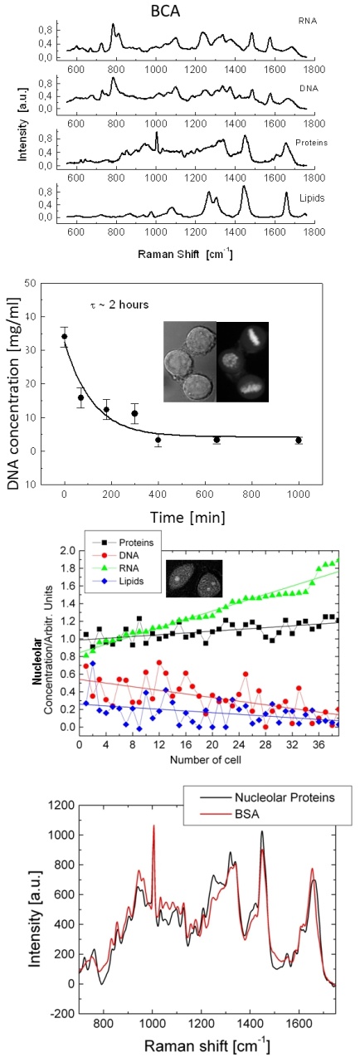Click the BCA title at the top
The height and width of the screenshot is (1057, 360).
pyautogui.click(x=165, y=12)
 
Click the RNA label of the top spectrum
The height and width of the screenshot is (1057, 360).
pyautogui.click(x=308, y=22)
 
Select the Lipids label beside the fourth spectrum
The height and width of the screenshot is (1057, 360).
pyautogui.click(x=312, y=197)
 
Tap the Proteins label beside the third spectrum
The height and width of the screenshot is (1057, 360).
pyautogui.click(x=311, y=142)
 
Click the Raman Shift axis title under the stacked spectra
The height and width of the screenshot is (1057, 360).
pyautogui.click(x=185, y=254)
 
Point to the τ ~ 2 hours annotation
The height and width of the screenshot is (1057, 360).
pyautogui.click(x=119, y=304)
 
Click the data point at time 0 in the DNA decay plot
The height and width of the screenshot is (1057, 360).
pyautogui.click(x=64, y=337)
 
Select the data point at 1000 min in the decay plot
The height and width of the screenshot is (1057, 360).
pyautogui.click(x=298, y=440)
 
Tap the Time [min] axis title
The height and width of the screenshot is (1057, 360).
pyautogui.click(x=187, y=517)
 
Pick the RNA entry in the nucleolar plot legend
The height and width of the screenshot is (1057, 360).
pyautogui.click(x=120, y=568)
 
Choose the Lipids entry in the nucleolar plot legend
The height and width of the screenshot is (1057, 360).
pyautogui.click(x=123, y=581)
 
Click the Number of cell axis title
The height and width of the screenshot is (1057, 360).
pyautogui.click(x=205, y=760)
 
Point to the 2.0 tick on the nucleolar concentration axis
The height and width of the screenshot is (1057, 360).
pyautogui.click(x=66, y=551)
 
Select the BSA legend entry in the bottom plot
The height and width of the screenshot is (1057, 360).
pyautogui.click(x=230, y=814)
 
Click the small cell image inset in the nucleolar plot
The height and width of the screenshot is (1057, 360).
pyautogui.click(x=193, y=578)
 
